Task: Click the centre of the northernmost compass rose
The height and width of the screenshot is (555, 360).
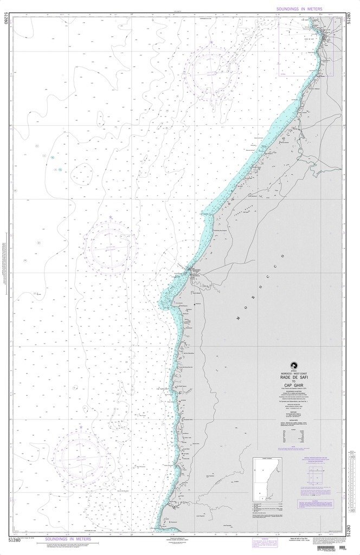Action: point(214,69)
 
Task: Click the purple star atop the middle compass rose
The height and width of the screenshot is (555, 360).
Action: point(111,218)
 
